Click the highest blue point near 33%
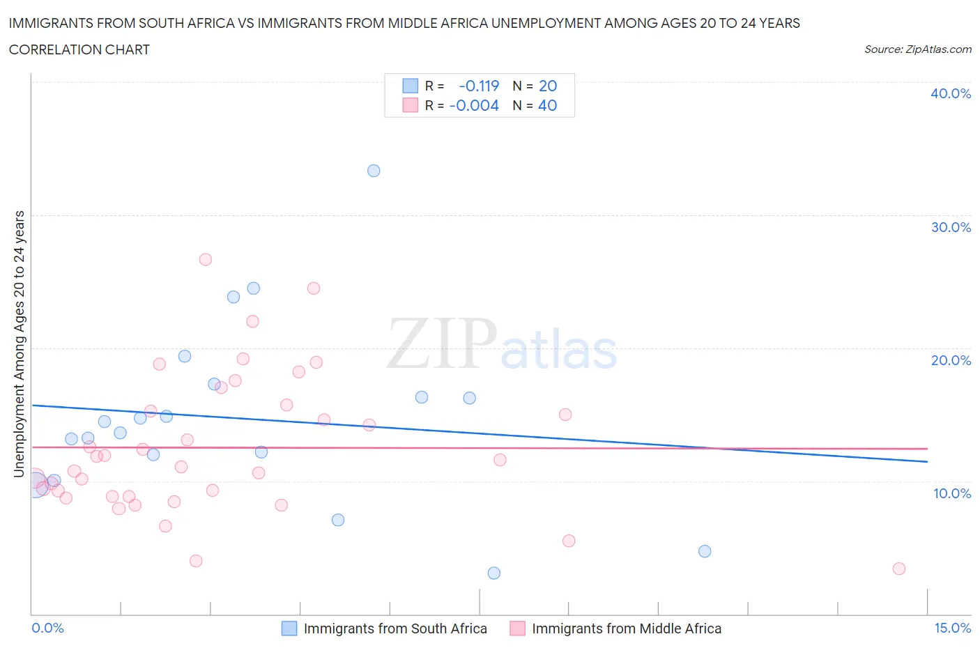click(x=374, y=171)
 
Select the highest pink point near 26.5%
click(x=205, y=259)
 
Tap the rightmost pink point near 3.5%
click(x=899, y=569)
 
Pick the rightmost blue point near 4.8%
click(x=705, y=551)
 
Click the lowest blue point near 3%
click(x=494, y=573)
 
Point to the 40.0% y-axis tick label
click(x=951, y=93)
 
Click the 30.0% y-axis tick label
click(x=951, y=227)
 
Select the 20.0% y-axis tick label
click(x=951, y=360)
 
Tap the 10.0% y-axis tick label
click(x=951, y=493)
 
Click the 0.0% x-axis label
click(x=47, y=628)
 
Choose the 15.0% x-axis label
click(x=952, y=628)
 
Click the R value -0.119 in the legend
click(x=479, y=86)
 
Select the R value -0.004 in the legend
click(x=474, y=105)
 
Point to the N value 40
click(x=547, y=105)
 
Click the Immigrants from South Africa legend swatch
click(x=289, y=628)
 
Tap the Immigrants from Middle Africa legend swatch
click(x=517, y=628)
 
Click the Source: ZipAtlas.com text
click(x=917, y=49)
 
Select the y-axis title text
click(x=19, y=344)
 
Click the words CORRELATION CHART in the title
click(x=79, y=49)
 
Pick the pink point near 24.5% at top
click(x=314, y=288)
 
